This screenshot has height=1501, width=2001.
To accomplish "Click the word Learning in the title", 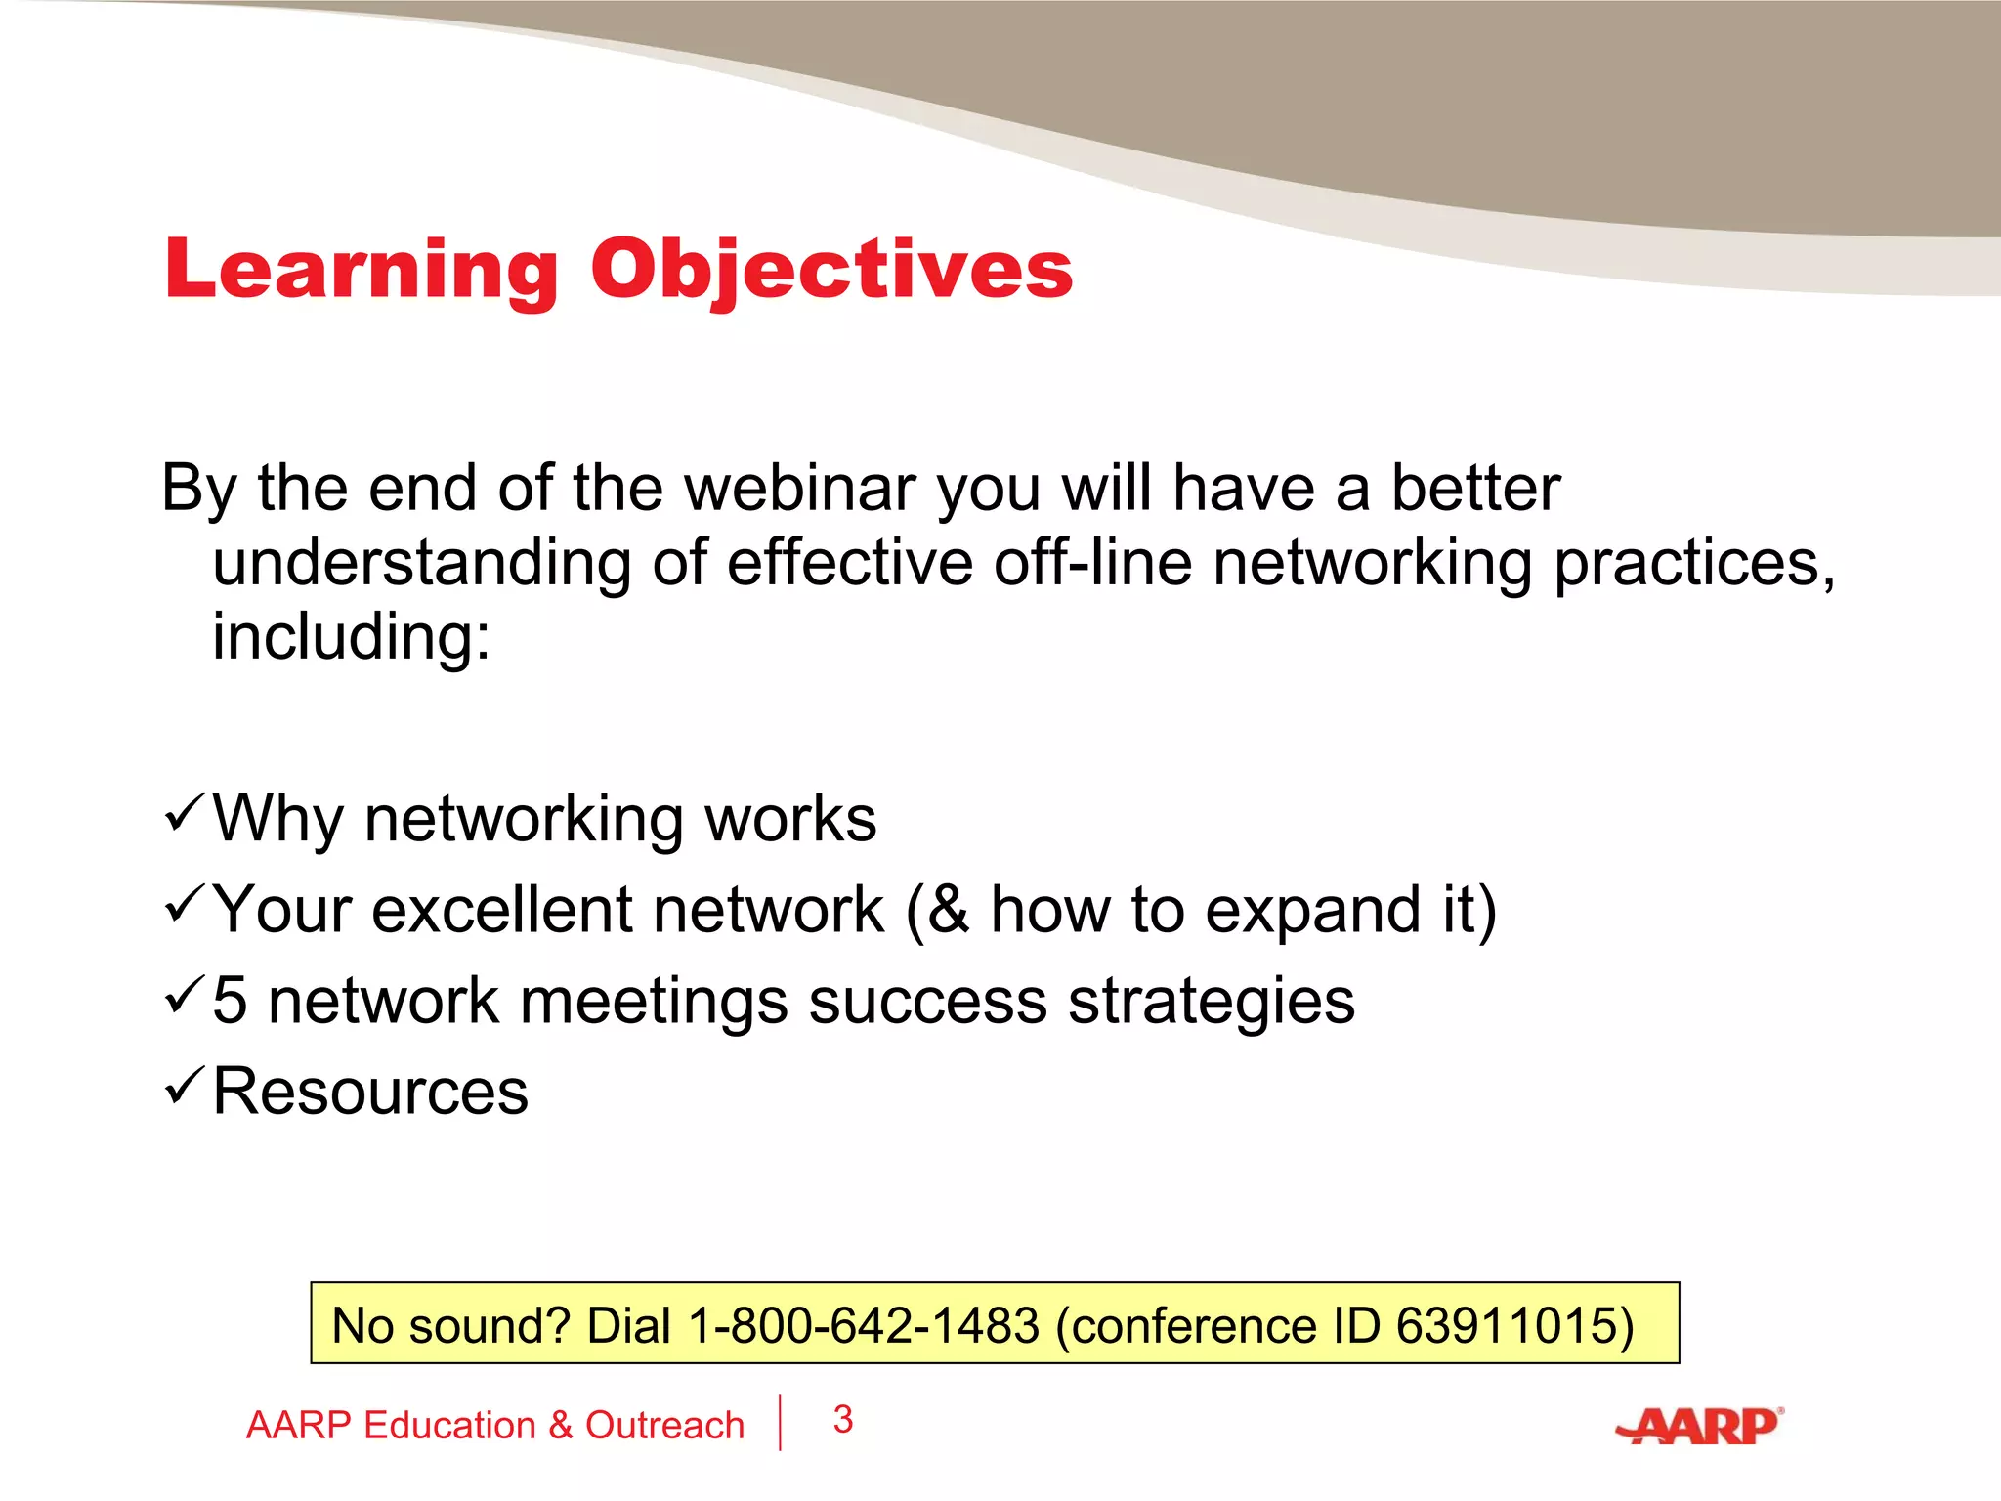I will click(x=361, y=270).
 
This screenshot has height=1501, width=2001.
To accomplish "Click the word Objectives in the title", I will click(x=831, y=270).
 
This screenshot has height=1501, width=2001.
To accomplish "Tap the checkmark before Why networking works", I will click(x=184, y=813).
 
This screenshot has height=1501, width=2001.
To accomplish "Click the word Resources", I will click(x=370, y=1092).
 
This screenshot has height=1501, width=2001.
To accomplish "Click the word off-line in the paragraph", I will click(x=1092, y=564).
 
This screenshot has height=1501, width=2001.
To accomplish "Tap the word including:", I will click(x=351, y=637).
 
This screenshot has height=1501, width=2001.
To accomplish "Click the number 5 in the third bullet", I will click(x=230, y=1002).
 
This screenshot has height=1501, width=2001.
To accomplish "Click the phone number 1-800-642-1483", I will click(x=864, y=1326).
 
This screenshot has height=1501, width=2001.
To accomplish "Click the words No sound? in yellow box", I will click(x=450, y=1326).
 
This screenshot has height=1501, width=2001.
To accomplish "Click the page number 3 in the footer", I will click(x=843, y=1419).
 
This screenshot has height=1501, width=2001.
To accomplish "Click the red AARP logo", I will click(x=1699, y=1426).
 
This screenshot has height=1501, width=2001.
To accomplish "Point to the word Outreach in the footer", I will click(x=664, y=1426).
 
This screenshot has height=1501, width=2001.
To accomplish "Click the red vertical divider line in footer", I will click(x=780, y=1423).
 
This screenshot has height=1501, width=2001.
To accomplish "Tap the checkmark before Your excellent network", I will click(x=184, y=904).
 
